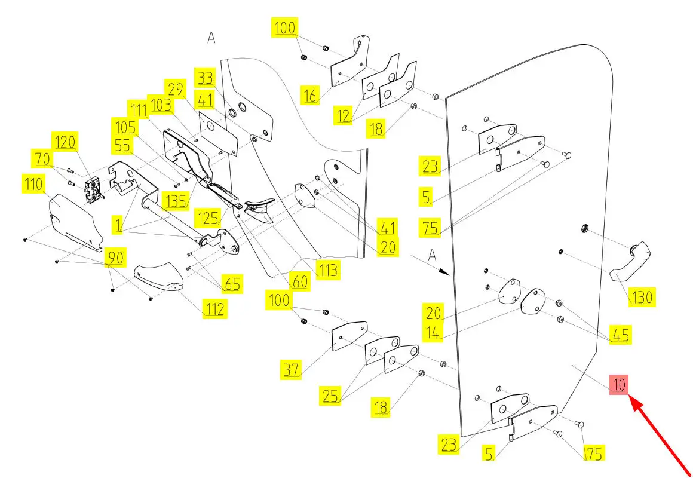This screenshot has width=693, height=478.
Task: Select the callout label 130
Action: pyautogui.click(x=642, y=296)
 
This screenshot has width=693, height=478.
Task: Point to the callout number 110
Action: pyautogui.click(x=34, y=185)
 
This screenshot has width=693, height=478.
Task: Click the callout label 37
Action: pyautogui.click(x=292, y=370)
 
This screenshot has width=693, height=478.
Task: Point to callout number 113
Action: pyautogui.click(x=328, y=269)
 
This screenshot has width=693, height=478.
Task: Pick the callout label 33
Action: pyautogui.click(x=205, y=78)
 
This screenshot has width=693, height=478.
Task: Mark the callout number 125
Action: pyautogui.click(x=209, y=217)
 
